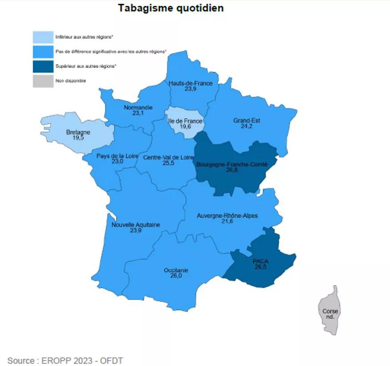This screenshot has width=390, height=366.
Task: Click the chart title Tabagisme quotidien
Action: click(171, 8)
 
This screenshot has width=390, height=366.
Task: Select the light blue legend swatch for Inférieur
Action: click(43, 37)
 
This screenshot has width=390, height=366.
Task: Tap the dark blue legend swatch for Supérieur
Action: click(43, 66)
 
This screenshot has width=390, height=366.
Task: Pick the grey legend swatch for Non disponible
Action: click(43, 81)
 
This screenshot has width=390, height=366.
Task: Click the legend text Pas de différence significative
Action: click(111, 52)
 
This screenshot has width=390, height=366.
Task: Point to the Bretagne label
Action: click(78, 132)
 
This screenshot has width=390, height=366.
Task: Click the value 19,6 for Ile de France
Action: click(184, 126)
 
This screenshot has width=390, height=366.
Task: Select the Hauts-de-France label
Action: click(191, 83)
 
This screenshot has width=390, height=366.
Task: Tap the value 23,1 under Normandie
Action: click(138, 114)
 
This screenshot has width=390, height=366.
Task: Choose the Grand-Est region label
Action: click(247, 120)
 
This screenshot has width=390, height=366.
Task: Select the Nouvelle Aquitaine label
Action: click(136, 225)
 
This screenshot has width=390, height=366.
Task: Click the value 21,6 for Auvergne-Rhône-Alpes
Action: click(227, 221)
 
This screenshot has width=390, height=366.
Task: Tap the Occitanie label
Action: click(176, 270)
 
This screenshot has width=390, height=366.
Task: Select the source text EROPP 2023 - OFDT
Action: click(65, 360)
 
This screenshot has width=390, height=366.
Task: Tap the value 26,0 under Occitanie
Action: click(176, 276)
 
